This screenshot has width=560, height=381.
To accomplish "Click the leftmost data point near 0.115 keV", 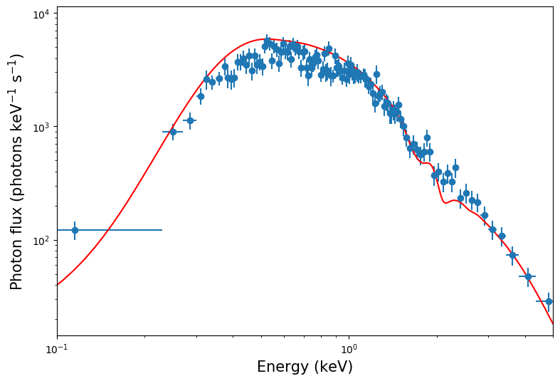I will pyautogui.click(x=75, y=230).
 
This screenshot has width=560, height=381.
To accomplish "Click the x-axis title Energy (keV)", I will pyautogui.click(x=305, y=367).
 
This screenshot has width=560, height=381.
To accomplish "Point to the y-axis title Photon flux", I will pyautogui.click(x=16, y=172).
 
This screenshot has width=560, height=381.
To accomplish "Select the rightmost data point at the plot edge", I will pyautogui.click(x=549, y=301).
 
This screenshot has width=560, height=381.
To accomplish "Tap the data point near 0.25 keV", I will pyautogui.click(x=173, y=132).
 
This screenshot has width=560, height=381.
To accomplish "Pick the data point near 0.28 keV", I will pyautogui.click(x=190, y=120).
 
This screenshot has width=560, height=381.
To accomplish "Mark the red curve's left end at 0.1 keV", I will pyautogui.click(x=58, y=285).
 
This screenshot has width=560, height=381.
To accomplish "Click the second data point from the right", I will pyautogui.click(x=528, y=276).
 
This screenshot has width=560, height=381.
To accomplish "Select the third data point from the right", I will pyautogui.click(x=512, y=255).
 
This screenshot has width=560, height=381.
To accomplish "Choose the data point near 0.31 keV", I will pyautogui.click(x=201, y=96).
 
